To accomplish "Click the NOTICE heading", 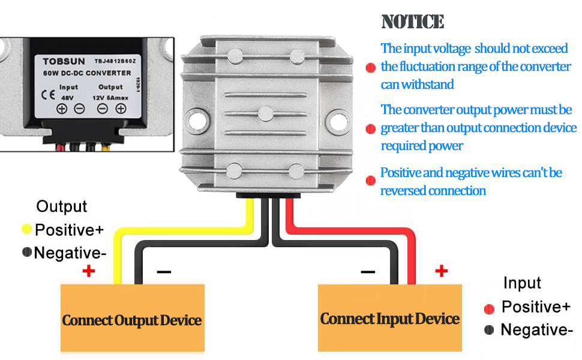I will pos(413,22).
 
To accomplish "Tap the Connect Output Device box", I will pos(132,319).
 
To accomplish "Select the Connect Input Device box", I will pos(389,318).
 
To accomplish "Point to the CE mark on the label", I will pos(47,94).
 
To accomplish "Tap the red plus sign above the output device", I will pos(89,271).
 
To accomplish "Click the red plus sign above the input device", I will pos(441,271).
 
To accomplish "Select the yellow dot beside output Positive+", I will pos(27,229).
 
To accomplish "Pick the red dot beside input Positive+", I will pos(489,308).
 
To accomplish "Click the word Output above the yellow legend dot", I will pos(62,207).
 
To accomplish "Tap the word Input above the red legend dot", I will pos(522,283).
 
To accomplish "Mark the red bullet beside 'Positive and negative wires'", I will pos(370,181).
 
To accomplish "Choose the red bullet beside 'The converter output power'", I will pos(370,129).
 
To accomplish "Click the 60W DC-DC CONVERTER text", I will pos(87,73).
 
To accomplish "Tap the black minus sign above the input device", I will pos(368,272).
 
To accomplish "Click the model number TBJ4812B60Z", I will pos(116,61).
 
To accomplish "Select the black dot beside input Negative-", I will pos(489,330).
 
